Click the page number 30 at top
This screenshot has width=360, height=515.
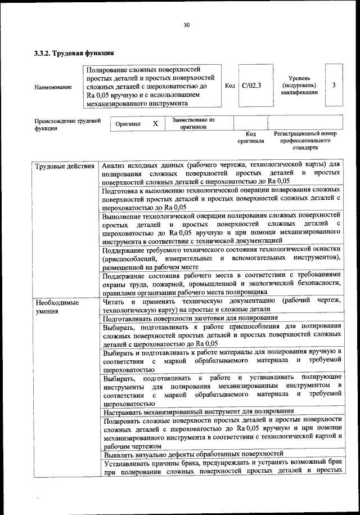coord(187,24)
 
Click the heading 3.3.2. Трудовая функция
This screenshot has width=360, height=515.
coord(74,53)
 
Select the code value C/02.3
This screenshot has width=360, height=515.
coord(251,86)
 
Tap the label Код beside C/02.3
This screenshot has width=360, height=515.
coord(229,86)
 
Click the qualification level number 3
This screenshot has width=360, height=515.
coord(335,85)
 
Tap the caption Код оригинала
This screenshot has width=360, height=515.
coord(250,137)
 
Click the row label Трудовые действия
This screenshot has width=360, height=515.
coord(64,167)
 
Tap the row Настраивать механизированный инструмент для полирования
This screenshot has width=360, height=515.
coord(199,411)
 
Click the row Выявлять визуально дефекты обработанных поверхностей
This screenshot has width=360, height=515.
coord(193,454)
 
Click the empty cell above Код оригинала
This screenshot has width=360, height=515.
coord(250,123)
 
